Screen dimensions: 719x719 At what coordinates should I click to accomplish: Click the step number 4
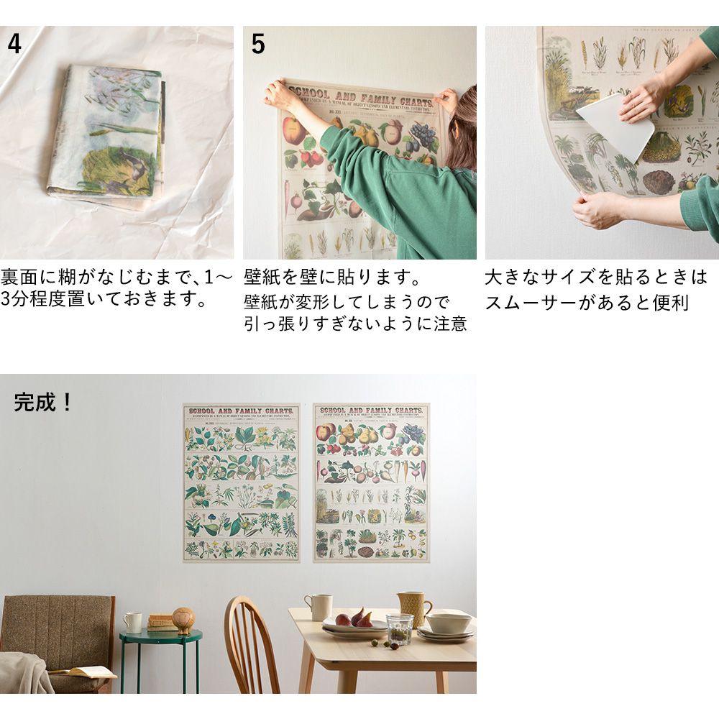tap(14, 44)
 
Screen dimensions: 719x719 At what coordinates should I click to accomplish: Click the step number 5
tap(257, 44)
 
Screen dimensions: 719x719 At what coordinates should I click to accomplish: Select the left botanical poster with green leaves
tap(241, 482)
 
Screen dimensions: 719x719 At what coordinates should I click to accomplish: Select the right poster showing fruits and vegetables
tap(371, 482)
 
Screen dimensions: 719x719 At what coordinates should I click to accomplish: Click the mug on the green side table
tap(132, 622)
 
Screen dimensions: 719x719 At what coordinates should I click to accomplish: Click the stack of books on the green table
tap(161, 622)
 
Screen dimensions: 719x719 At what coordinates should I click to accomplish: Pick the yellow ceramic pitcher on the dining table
tap(413, 608)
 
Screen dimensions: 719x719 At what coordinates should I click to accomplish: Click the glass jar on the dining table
tap(399, 628)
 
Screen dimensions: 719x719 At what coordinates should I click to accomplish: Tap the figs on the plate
tap(355, 618)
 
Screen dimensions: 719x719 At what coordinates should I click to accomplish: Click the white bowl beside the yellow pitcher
tap(448, 623)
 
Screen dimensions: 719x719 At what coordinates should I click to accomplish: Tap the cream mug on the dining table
tap(319, 607)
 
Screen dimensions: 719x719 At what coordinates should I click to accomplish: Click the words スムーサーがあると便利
tap(587, 303)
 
